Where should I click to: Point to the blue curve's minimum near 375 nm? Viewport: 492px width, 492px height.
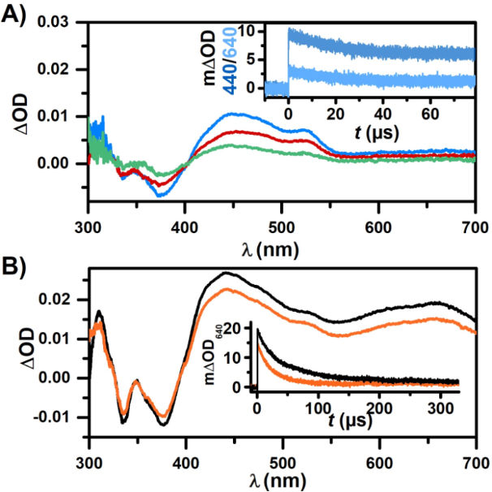(160, 195)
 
